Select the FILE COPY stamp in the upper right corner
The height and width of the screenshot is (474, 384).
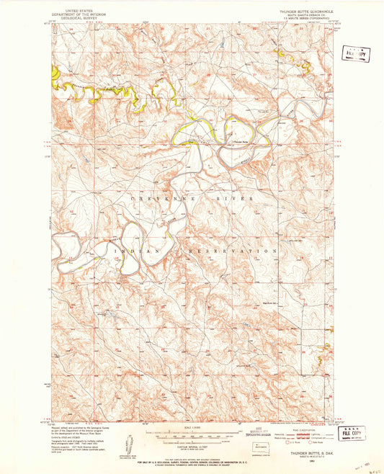click(354, 54)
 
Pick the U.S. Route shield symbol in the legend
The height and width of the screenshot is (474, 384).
click(298, 440)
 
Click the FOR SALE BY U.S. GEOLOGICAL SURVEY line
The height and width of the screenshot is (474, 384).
click(192, 456)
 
